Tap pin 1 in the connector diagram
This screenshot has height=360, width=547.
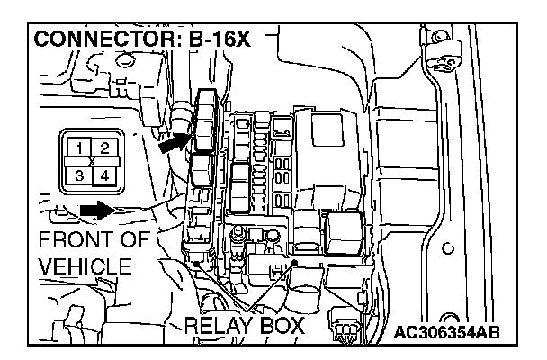coord(81,147)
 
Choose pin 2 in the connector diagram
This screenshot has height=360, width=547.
coord(104,147)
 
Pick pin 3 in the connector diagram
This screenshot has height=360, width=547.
coord(81,175)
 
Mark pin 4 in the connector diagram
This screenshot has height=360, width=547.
coord(104,175)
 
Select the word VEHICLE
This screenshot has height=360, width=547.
coord(85,267)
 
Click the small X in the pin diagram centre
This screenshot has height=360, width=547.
coord(93,161)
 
